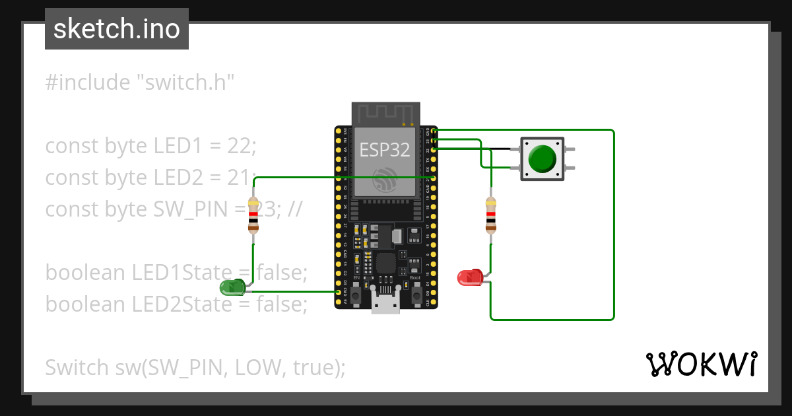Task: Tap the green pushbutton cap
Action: point(543,158)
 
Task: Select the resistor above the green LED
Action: point(253,215)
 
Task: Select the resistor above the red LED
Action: point(490,215)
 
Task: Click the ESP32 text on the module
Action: point(385,150)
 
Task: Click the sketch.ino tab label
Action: point(117,29)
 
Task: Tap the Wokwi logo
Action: point(700,364)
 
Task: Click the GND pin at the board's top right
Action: point(434,131)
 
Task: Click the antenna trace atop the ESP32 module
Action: point(386,113)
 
